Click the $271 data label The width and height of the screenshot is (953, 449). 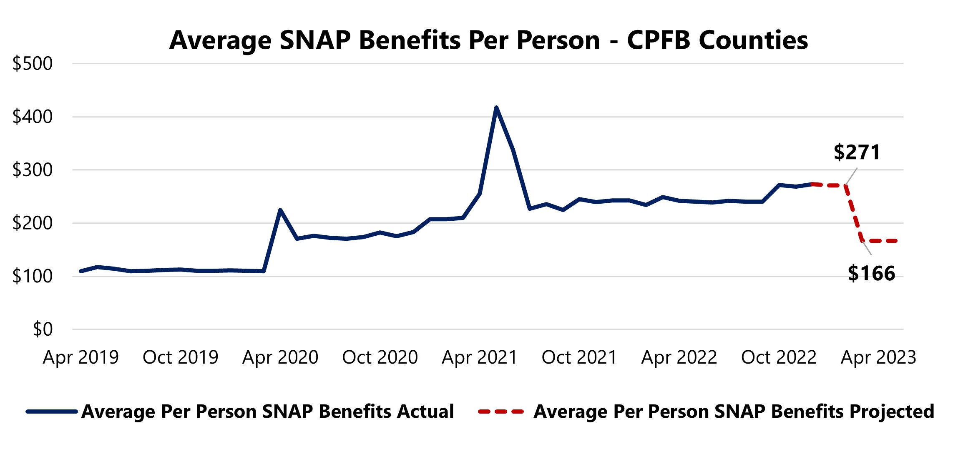[857, 152]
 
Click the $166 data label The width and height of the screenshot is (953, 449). [871, 274]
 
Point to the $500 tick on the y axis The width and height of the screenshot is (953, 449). [33, 64]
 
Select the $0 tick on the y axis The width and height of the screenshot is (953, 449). [43, 329]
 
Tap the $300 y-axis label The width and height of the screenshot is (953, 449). [33, 170]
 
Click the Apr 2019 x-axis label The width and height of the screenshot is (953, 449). [80, 357]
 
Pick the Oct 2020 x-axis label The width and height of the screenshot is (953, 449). [380, 357]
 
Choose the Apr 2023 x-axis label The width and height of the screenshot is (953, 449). [878, 357]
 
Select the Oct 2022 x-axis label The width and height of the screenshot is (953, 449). [778, 357]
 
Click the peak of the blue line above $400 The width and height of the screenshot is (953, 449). [496, 108]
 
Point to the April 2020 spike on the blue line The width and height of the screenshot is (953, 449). [280, 210]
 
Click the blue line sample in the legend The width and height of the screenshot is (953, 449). [52, 412]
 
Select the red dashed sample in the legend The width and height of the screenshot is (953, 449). [500, 412]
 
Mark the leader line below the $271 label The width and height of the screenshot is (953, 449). [852, 176]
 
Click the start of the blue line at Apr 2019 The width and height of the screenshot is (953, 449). [81, 271]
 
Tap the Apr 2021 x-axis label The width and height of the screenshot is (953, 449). [479, 357]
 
